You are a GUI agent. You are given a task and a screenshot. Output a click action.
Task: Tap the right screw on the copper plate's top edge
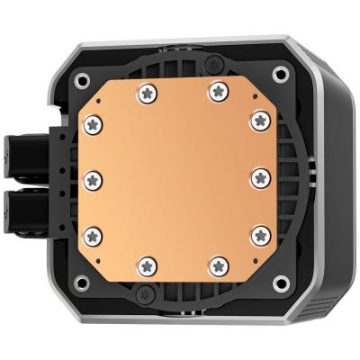[x=218, y=90]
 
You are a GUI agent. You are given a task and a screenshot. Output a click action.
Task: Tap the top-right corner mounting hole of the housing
[x=281, y=75]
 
